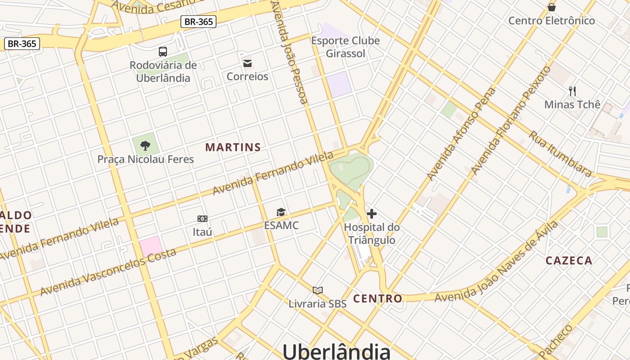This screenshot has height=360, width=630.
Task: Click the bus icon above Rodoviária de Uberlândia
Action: (163, 52)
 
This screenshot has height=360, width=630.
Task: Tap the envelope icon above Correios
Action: (247, 63)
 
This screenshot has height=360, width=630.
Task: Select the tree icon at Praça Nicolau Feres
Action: (145, 145)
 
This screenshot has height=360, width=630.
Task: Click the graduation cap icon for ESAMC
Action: (281, 212)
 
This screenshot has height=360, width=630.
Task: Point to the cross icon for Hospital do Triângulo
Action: (372, 214)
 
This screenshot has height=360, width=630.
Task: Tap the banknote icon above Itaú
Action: (202, 219)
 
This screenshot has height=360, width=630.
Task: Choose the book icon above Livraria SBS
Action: (318, 290)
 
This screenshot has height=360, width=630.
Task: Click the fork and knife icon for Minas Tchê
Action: (572, 91)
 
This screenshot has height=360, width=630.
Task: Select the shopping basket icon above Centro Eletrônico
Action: (552, 7)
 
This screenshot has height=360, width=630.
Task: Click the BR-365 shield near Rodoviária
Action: (198, 21)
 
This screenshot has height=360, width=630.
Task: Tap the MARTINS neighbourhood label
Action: (233, 147)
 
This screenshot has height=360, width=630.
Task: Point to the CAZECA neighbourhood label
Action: (569, 261)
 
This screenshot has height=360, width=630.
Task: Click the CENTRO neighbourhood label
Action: (378, 298)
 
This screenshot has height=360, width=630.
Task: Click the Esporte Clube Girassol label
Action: (346, 47)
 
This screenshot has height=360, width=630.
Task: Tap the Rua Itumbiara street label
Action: (560, 153)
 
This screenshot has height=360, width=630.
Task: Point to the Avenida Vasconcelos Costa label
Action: (108, 272)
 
